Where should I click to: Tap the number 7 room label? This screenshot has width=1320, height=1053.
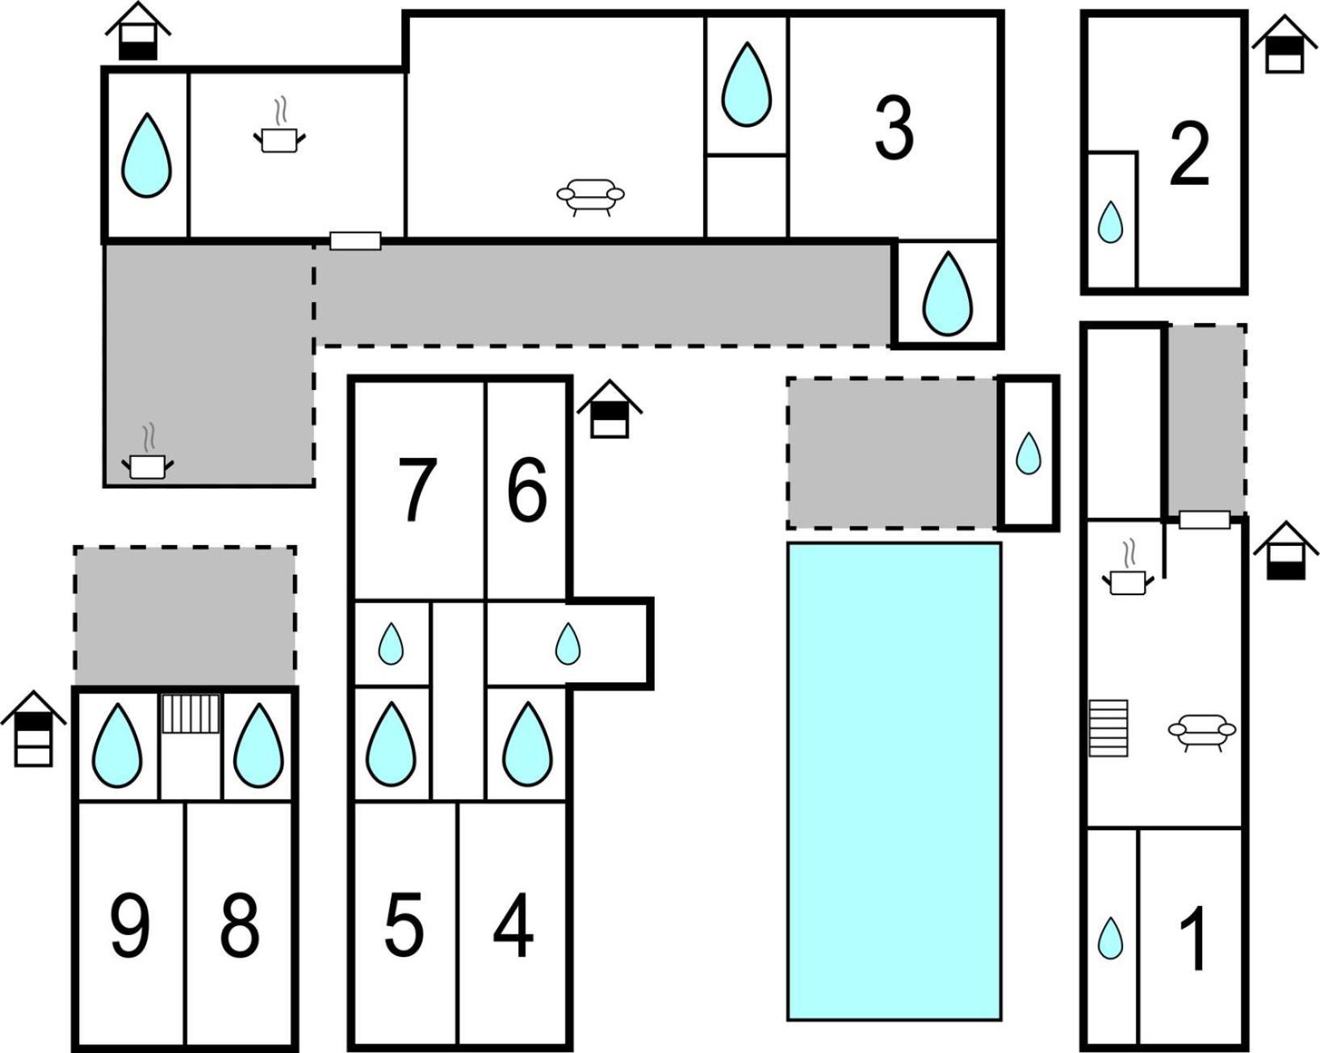417,489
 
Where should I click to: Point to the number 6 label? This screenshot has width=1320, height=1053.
527,489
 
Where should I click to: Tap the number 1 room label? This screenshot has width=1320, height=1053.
1193,939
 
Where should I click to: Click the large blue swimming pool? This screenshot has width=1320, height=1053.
895,782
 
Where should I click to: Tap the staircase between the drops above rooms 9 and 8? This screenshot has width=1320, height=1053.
191,713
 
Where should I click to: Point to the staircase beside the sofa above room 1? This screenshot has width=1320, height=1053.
1108,728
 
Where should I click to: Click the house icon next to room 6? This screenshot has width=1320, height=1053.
609,409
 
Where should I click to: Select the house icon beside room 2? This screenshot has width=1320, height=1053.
1284,44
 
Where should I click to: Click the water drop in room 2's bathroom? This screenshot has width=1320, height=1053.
1109,221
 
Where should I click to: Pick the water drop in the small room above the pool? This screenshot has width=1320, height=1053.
1029,453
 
